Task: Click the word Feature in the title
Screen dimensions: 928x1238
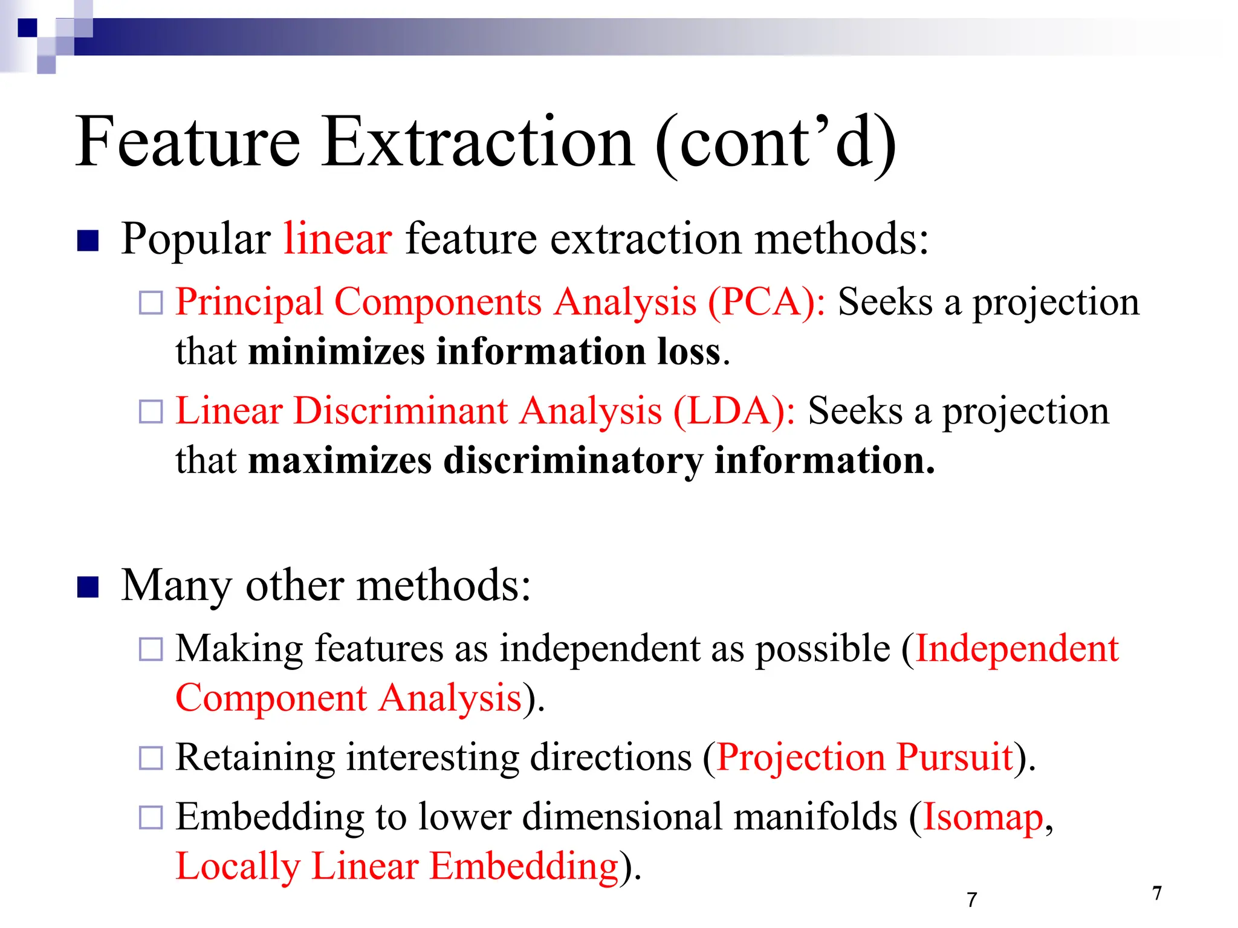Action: click(x=187, y=143)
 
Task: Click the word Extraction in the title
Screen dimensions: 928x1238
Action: click(x=478, y=143)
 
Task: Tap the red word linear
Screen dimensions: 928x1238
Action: click(x=338, y=239)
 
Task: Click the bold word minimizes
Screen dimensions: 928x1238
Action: click(x=336, y=352)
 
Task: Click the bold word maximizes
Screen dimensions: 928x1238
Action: click(x=340, y=461)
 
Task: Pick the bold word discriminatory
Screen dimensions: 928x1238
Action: click(x=573, y=461)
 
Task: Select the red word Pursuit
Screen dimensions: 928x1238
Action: click(x=954, y=758)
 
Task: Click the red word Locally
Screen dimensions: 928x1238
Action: click(x=238, y=866)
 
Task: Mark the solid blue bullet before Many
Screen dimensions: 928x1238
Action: click(x=88, y=587)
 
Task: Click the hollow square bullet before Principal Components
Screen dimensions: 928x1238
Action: click(x=151, y=303)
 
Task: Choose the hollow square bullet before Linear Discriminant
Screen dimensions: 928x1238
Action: click(x=151, y=412)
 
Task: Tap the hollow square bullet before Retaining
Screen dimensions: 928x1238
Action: click(x=151, y=758)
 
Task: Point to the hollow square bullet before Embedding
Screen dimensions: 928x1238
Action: click(x=151, y=818)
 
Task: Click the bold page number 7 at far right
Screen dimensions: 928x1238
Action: click(x=1157, y=893)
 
